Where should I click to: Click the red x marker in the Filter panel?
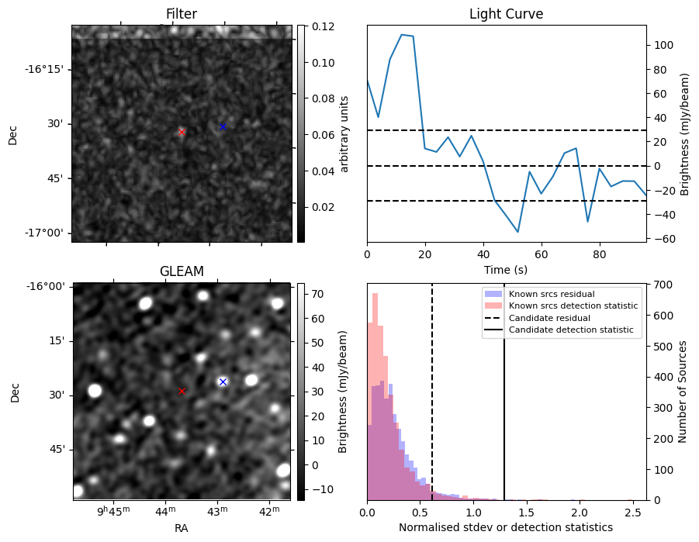pos(182,132)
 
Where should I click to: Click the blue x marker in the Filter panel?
pos(223,126)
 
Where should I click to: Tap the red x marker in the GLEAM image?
pos(182,391)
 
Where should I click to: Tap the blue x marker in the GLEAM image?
pos(223,381)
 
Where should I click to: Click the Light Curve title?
pos(506,14)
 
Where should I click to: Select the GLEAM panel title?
pos(182,271)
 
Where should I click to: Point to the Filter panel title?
pos(182,14)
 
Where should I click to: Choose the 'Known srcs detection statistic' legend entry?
pos(573,306)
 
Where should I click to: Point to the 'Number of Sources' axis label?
pos(683,392)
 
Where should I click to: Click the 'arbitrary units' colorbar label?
pos(345,133)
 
